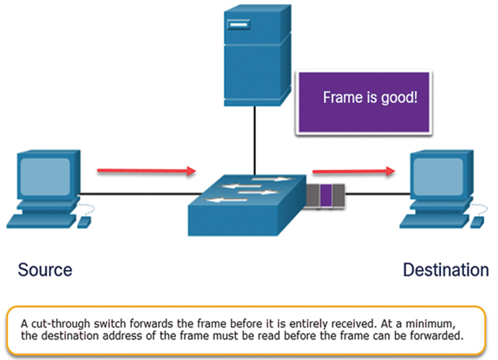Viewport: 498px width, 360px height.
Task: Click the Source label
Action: [x=45, y=270]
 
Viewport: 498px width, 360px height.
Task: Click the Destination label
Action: [x=446, y=270]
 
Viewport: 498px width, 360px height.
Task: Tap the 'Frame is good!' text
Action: [x=370, y=97]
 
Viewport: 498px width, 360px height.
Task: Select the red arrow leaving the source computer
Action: [x=146, y=171]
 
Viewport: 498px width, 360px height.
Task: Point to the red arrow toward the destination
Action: [x=354, y=172]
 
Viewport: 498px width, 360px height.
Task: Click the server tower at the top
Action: [x=257, y=55]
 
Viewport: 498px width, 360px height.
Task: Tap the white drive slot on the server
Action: [x=239, y=25]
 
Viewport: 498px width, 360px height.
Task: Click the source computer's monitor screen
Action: [x=45, y=176]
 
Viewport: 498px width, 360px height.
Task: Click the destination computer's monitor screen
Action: [x=438, y=176]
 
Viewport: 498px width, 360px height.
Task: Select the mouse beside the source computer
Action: [x=85, y=222]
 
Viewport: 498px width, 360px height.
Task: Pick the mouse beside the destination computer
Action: [x=477, y=222]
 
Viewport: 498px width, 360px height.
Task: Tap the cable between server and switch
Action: [x=255, y=141]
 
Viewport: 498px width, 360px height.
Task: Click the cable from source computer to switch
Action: [x=141, y=193]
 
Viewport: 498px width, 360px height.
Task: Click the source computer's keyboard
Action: [x=42, y=221]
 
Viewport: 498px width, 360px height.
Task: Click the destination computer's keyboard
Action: [x=435, y=221]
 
